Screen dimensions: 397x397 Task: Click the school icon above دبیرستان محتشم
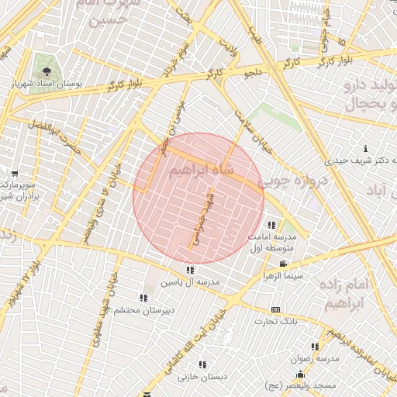(x=143, y=298)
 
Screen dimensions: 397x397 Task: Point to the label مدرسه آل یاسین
(x=190, y=282)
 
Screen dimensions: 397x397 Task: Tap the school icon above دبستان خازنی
(x=202, y=364)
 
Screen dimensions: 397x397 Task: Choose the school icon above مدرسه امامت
(x=271, y=225)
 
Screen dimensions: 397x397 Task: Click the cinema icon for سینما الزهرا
(x=271, y=264)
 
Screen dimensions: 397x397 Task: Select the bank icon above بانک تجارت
(x=276, y=309)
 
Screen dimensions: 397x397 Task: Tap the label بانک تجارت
(x=276, y=321)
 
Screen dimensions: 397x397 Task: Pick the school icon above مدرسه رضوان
(x=315, y=347)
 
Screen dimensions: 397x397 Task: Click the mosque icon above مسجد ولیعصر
(x=300, y=375)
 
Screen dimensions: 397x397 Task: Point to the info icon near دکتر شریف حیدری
(x=365, y=148)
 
